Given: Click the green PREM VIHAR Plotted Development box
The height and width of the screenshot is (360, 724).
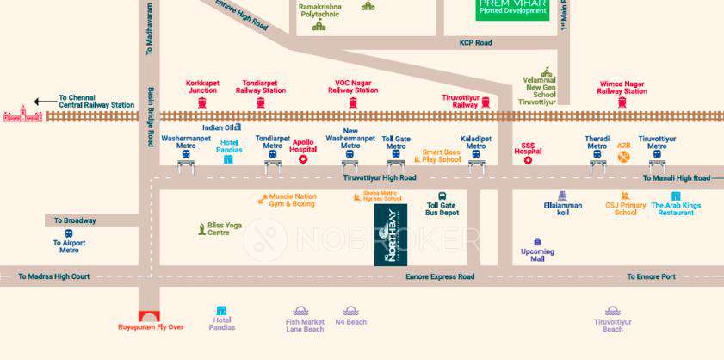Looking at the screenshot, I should click(x=512, y=9).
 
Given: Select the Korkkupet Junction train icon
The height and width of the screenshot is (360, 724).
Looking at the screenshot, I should click(x=202, y=103).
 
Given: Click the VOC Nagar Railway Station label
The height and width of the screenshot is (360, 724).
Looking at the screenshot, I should click(x=353, y=86).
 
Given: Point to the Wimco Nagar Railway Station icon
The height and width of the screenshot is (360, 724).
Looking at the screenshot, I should click(x=622, y=103).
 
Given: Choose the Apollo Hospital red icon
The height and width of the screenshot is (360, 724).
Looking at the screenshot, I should click(x=303, y=159).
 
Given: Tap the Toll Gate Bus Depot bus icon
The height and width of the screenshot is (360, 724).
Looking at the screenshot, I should click(x=442, y=196).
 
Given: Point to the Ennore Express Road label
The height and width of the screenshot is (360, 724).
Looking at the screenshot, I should click(x=440, y=277).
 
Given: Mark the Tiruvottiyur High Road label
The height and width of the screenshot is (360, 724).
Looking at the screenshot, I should click(x=380, y=177).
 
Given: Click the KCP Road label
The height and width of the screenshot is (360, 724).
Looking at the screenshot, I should click(x=475, y=42).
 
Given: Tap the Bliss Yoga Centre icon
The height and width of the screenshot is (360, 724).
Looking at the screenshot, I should click(x=199, y=228).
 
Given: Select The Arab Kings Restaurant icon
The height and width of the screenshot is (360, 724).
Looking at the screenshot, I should click(x=676, y=196).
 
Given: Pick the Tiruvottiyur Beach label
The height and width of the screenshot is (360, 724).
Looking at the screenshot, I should click(x=612, y=326).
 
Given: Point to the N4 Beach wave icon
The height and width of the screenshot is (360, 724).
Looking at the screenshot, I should click(x=350, y=310).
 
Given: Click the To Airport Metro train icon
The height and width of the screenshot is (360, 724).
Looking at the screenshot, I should click(x=69, y=233).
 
